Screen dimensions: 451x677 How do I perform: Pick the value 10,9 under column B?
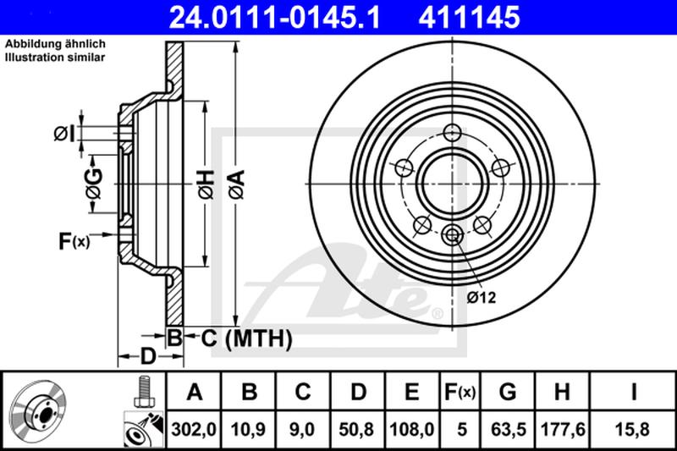250,430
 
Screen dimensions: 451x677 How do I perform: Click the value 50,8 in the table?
358,430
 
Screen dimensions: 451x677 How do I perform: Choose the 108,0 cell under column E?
412,430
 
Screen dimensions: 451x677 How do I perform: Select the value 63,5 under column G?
508,430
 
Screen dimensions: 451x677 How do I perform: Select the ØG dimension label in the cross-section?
93,182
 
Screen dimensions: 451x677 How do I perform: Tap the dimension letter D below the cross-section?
147,356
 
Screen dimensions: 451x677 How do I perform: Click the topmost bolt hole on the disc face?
452,131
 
